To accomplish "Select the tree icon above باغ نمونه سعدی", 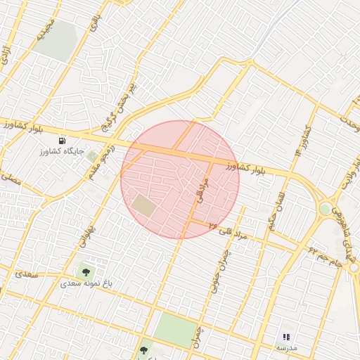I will click(86, 272).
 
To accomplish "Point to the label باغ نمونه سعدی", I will click(86, 283).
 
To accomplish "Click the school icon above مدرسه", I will click(286, 337).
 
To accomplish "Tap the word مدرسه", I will click(286, 348).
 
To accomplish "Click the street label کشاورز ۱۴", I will click(303, 140).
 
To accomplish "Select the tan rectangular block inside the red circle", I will click(144, 206).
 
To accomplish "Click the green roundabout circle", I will click(325, 209).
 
